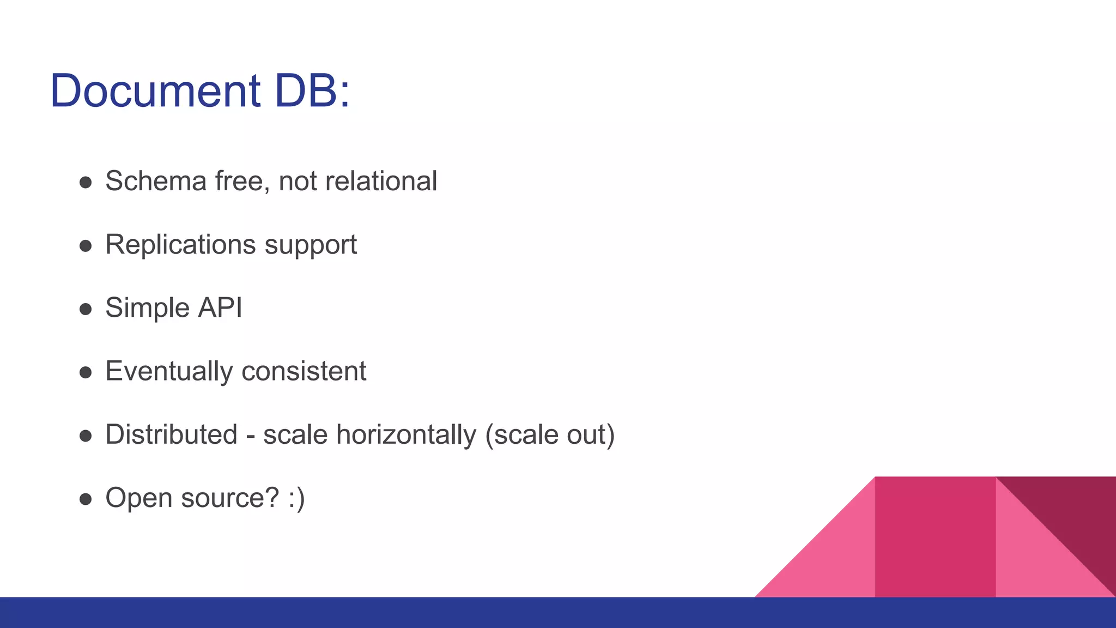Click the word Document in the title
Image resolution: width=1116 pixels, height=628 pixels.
(x=155, y=90)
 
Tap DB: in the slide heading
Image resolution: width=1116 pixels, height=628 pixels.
(x=312, y=90)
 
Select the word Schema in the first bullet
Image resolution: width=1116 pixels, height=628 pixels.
(x=156, y=181)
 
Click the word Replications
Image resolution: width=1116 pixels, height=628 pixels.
(x=180, y=244)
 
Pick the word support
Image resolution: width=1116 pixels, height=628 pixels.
(x=311, y=245)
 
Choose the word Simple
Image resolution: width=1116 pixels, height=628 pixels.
(x=147, y=309)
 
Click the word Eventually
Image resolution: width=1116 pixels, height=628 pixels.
(x=169, y=372)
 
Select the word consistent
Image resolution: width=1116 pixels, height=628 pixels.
(x=304, y=371)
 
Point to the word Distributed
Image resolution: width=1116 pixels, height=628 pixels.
(x=171, y=434)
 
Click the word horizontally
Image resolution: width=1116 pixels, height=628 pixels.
(x=406, y=435)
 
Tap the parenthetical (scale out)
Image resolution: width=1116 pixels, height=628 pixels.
(x=550, y=435)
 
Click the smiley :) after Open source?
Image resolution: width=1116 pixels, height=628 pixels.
(x=297, y=498)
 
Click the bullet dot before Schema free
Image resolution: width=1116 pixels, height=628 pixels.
(x=86, y=183)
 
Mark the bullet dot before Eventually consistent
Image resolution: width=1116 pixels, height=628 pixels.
(x=86, y=372)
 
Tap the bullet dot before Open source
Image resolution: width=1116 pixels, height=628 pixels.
(x=86, y=499)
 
